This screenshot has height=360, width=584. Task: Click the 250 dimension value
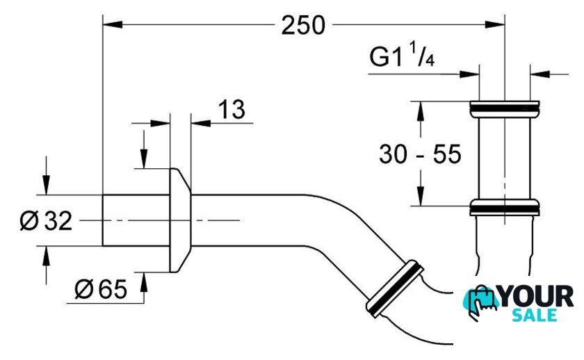coord(303,25)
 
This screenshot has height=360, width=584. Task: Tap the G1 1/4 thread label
coord(402,55)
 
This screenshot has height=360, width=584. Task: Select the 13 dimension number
coord(232,109)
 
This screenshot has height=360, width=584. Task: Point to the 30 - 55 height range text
coord(420,154)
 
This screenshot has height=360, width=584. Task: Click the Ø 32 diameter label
coord(46,221)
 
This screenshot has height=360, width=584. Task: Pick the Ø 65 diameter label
coord(101,288)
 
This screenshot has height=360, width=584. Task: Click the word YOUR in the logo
coord(536,297)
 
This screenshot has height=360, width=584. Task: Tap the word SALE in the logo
coord(535,316)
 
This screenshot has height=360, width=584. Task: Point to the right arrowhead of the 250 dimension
coord(494,24)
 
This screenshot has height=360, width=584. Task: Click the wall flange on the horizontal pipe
coord(180,220)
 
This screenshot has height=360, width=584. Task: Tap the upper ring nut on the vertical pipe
coord(505,109)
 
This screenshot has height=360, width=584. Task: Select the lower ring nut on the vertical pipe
coord(505,208)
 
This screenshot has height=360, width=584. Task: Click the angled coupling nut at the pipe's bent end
coord(395,288)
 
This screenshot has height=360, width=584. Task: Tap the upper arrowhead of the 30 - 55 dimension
coord(421,111)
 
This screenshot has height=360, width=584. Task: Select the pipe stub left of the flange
coord(136,220)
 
